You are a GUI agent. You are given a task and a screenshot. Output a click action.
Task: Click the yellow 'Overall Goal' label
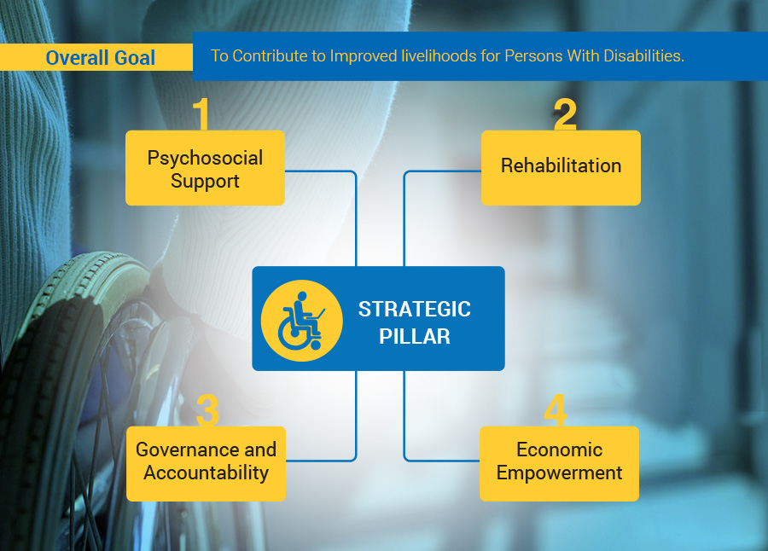pyautogui.click(x=96, y=57)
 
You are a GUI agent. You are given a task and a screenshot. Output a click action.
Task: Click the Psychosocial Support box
pyautogui.click(x=205, y=167)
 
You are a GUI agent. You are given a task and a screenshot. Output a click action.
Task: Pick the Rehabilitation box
pyautogui.click(x=561, y=167)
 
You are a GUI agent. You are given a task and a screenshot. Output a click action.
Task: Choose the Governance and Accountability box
pyautogui.click(x=206, y=463)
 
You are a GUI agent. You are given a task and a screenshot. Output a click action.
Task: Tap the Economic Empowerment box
pyautogui.click(x=559, y=463)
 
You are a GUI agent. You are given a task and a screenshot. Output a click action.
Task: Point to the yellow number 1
pyautogui.click(x=201, y=113)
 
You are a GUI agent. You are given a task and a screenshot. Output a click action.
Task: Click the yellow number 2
pyautogui.click(x=565, y=113)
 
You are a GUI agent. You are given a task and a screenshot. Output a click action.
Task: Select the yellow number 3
pyautogui.click(x=207, y=410)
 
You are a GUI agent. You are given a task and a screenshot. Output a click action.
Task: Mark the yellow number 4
pyautogui.click(x=556, y=409)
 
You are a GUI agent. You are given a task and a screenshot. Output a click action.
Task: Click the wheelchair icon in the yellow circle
pyautogui.click(x=300, y=321)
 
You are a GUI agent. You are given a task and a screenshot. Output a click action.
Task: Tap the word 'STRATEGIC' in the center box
pyautogui.click(x=415, y=309)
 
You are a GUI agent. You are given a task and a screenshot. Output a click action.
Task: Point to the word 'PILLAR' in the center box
pyautogui.click(x=415, y=336)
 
